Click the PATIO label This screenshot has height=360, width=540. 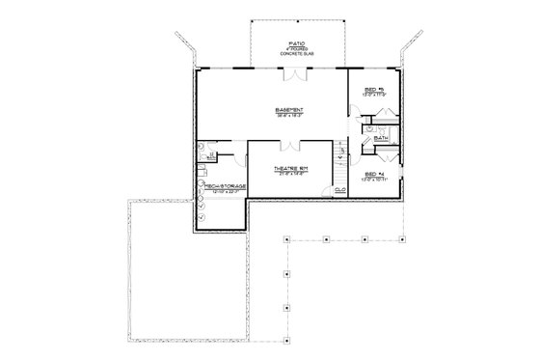point(296,42)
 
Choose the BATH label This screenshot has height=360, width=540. point(381,138)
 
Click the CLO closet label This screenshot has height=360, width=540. point(339,190)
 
